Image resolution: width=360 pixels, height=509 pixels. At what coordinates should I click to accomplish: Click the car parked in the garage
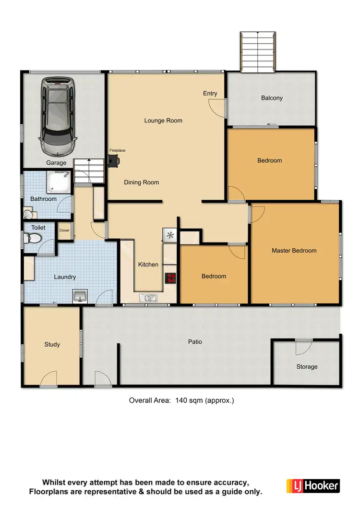(x=58, y=114)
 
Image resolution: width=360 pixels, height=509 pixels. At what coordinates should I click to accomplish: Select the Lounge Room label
(x=163, y=121)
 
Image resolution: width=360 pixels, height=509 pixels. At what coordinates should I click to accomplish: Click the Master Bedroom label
(x=294, y=250)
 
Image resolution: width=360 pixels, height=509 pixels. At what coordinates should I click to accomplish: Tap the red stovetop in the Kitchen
(x=170, y=278)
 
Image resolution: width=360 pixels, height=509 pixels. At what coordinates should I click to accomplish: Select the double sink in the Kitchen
(x=148, y=298)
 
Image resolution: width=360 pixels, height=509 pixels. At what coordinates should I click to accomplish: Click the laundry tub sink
(x=80, y=296)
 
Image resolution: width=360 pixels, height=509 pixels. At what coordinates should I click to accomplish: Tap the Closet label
(x=64, y=230)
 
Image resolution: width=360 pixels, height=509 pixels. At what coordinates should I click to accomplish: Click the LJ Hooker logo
(x=313, y=485)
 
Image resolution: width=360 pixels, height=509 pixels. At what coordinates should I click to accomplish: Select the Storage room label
(x=307, y=367)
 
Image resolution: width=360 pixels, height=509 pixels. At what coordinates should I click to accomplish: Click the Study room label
(x=52, y=344)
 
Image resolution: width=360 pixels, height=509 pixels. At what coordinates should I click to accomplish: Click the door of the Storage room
(x=303, y=345)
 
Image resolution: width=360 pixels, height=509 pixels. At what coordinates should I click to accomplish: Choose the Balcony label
(x=272, y=98)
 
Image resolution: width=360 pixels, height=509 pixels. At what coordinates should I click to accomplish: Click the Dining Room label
(x=141, y=182)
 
